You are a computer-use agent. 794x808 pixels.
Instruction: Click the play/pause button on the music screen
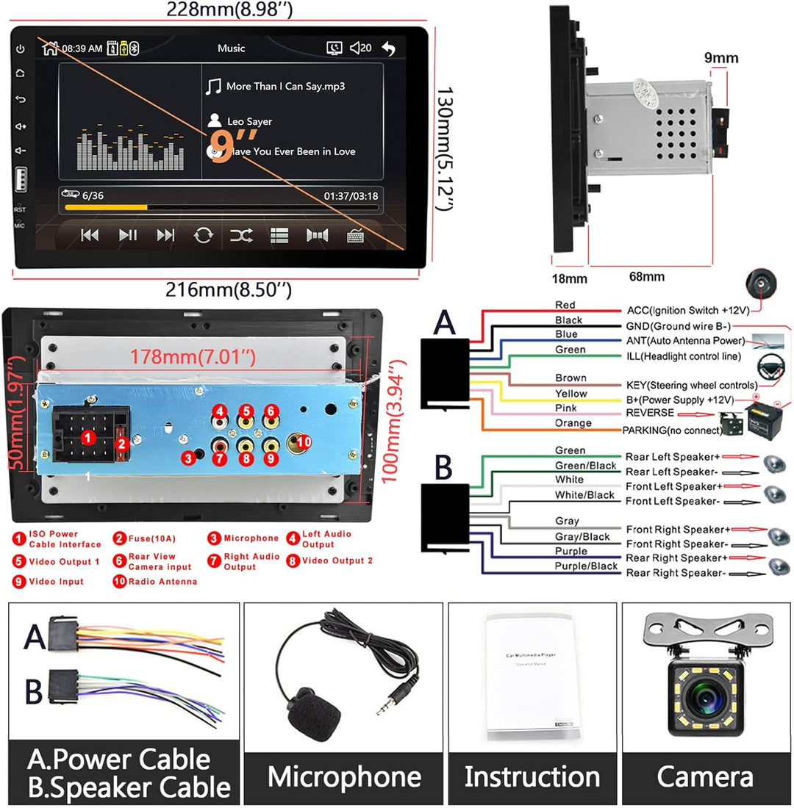(x=128, y=235)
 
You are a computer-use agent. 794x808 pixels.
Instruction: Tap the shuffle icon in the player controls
(x=241, y=235)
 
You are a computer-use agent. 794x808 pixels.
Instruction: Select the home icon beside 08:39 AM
(x=50, y=48)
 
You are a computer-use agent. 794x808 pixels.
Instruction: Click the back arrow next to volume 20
(x=389, y=48)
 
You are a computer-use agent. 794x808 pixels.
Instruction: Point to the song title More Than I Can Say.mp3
(x=285, y=86)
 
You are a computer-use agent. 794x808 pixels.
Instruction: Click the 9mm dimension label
(x=720, y=58)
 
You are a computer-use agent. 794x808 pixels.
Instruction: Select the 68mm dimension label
(x=647, y=277)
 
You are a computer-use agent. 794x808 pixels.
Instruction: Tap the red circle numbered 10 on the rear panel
(x=304, y=441)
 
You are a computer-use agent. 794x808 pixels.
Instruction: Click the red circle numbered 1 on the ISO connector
(x=88, y=438)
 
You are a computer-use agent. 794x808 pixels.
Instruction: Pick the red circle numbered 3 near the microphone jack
(x=189, y=458)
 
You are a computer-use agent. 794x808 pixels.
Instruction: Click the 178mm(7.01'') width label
(x=193, y=358)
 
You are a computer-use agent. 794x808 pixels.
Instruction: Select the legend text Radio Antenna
(x=162, y=582)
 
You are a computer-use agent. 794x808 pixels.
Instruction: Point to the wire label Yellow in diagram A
(x=571, y=394)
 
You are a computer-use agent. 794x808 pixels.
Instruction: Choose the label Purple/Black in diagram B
(x=586, y=566)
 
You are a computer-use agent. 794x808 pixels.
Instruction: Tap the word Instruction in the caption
(x=532, y=776)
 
